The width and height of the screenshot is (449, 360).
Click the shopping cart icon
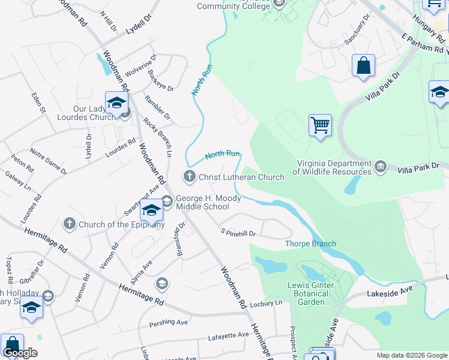pos(321,125)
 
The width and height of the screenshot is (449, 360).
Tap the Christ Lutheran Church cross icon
pos(189,176)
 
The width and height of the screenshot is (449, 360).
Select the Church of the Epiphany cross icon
pos(69,224)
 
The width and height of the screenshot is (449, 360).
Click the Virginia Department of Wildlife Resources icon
pos(380,166)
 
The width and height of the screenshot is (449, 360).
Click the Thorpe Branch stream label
pos(310,244)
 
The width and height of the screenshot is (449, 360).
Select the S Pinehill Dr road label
pos(238,232)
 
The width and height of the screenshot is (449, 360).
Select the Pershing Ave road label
pos(169,323)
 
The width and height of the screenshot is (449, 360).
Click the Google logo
pos(20,353)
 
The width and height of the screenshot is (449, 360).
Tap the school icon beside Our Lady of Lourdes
pos(116,103)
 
